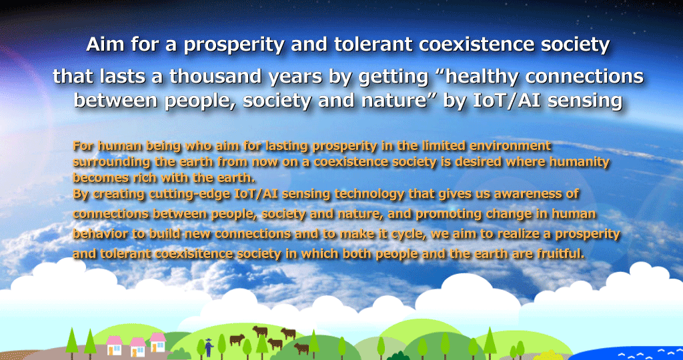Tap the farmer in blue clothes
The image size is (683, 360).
click(x=209, y=347)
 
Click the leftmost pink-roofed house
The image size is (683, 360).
click(x=115, y=345)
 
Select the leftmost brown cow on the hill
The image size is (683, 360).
click(x=237, y=339)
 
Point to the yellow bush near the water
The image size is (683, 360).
click(x=549, y=355)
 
